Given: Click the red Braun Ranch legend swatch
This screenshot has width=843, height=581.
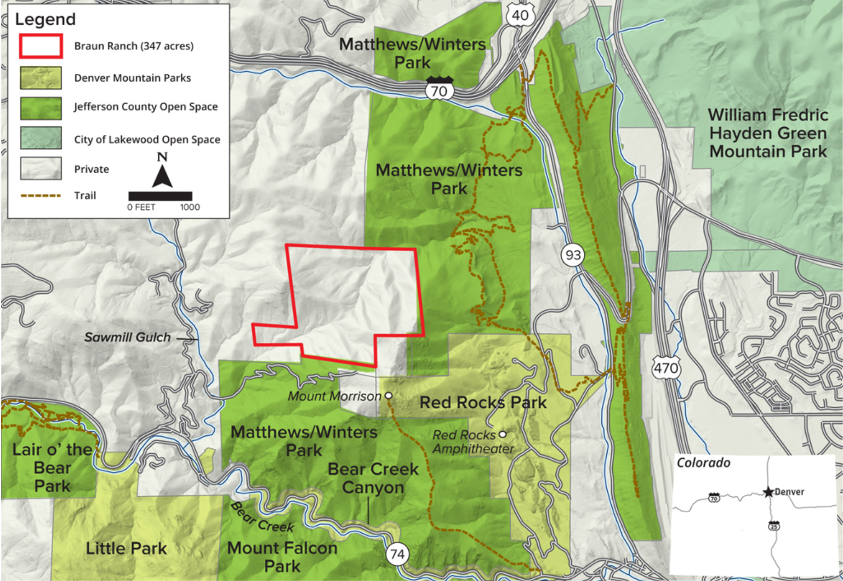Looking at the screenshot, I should (41, 46).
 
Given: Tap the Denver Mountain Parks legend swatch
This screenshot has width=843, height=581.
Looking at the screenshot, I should (41, 78).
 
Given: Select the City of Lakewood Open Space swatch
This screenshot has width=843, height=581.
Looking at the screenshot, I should (41, 138).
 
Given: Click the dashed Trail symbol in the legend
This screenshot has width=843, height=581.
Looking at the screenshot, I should (41, 196).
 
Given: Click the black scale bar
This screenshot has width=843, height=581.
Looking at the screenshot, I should (160, 196).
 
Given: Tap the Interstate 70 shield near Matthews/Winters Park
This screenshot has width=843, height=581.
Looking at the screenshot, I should (440, 89).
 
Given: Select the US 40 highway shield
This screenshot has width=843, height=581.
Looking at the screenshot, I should (520, 15).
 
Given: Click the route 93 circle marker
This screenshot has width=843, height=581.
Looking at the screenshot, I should (573, 255).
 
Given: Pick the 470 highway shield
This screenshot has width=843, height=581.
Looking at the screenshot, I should (666, 367).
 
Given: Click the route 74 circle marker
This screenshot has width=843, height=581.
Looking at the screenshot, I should (397, 555).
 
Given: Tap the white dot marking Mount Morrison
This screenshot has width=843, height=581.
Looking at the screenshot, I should (389, 395).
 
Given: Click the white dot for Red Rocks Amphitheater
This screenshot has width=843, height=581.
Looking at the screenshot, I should (503, 435).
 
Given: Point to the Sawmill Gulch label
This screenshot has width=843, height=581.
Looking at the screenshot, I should (127, 338).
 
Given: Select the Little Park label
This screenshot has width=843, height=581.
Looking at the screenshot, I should (126, 548).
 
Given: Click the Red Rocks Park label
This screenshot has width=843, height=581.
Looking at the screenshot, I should (483, 402).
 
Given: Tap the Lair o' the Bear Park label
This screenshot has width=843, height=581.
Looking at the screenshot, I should (52, 468).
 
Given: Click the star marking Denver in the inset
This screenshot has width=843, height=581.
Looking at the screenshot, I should (768, 492).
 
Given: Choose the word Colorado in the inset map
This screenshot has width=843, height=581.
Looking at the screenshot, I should (703, 463).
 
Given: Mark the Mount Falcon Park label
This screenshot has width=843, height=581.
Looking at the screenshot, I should (282, 556).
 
